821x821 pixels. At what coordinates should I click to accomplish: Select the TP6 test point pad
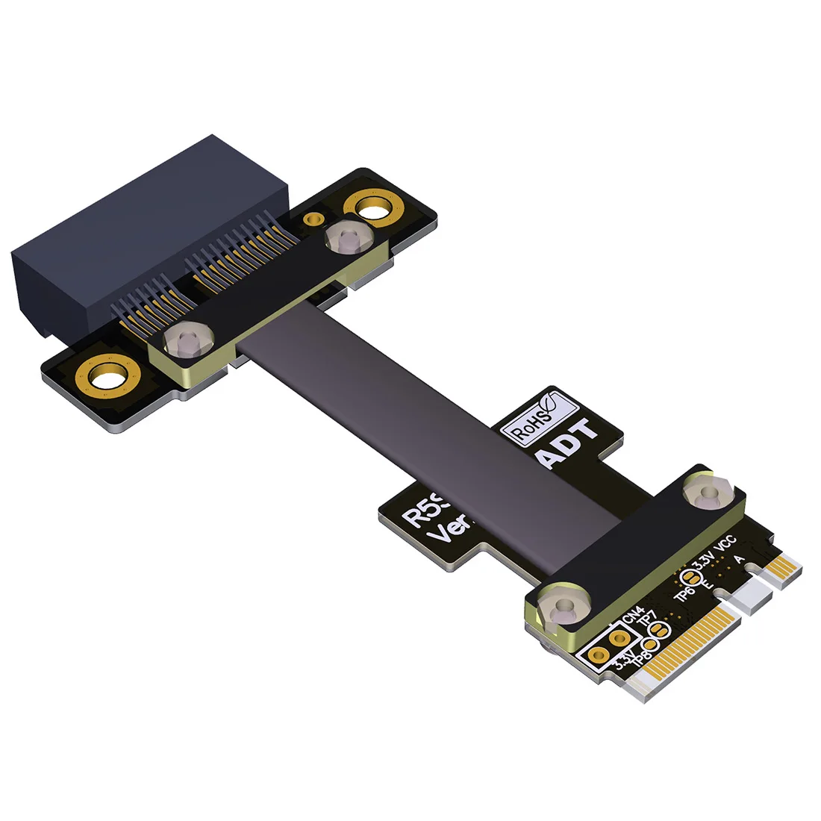[691, 577]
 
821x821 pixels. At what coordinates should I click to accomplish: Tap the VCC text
[725, 544]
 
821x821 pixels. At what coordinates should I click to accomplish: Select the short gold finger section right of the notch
[781, 572]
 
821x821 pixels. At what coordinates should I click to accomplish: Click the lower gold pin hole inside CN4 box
[598, 656]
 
